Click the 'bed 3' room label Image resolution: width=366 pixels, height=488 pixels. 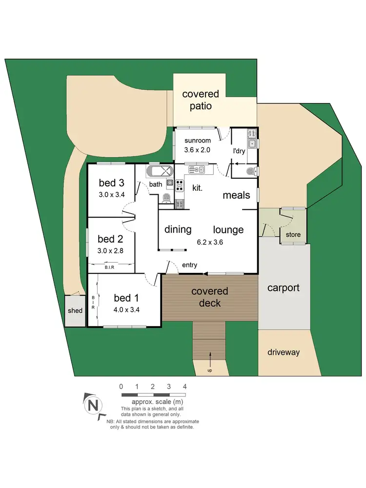coord(111,183)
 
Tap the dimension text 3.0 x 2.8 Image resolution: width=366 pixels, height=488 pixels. coord(110,251)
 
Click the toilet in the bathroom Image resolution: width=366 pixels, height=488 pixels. coord(166,198)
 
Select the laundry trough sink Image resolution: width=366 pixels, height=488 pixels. coord(252,144)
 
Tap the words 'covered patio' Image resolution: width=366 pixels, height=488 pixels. coord(201,100)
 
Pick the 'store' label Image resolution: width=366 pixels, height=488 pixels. coord(293,235)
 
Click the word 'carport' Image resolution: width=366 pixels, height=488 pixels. coord(283,288)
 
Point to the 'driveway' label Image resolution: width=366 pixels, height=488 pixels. coord(284,352)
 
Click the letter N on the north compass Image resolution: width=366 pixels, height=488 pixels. coord(92,405)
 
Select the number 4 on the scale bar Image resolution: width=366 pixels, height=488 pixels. coord(184,386)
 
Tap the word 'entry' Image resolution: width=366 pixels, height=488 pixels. coord(189,264)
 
